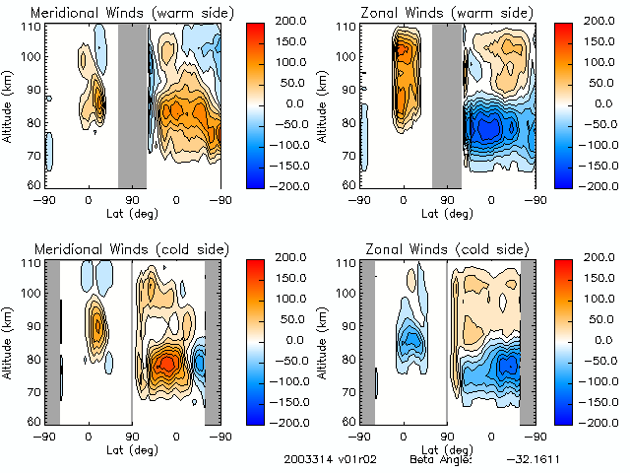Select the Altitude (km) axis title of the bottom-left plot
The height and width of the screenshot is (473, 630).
(8, 341)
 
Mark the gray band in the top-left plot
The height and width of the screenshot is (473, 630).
(132, 104)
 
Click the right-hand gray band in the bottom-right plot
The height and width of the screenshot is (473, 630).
(527, 341)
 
